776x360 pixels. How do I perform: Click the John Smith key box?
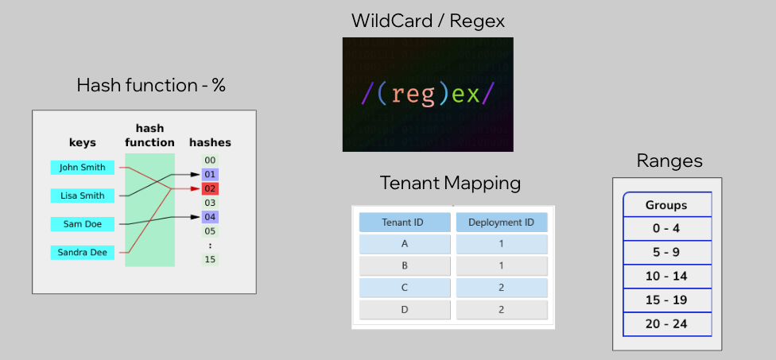click(x=83, y=167)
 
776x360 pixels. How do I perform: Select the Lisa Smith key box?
click(x=83, y=195)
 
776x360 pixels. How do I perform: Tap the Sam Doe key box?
click(x=83, y=224)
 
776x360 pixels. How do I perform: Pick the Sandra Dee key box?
click(x=83, y=253)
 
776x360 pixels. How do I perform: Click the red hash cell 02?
click(x=210, y=189)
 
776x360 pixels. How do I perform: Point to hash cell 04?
click(x=210, y=217)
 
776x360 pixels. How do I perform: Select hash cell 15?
click(x=210, y=259)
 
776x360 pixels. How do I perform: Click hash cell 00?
click(x=210, y=161)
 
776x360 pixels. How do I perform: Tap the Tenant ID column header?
click(x=405, y=223)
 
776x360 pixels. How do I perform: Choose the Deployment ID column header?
click(x=502, y=223)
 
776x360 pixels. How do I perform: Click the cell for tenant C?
click(x=405, y=288)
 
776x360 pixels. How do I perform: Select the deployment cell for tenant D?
click(x=502, y=310)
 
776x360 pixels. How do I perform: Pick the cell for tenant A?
click(x=405, y=244)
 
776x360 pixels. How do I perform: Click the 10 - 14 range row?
click(x=667, y=277)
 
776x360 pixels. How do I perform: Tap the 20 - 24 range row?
click(x=667, y=324)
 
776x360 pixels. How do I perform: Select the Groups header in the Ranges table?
click(x=667, y=205)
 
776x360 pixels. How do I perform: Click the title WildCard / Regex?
click(x=428, y=21)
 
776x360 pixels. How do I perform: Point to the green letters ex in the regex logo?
click(x=466, y=94)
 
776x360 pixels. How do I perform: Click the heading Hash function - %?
click(x=151, y=86)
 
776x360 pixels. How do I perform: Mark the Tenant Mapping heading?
click(x=450, y=183)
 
